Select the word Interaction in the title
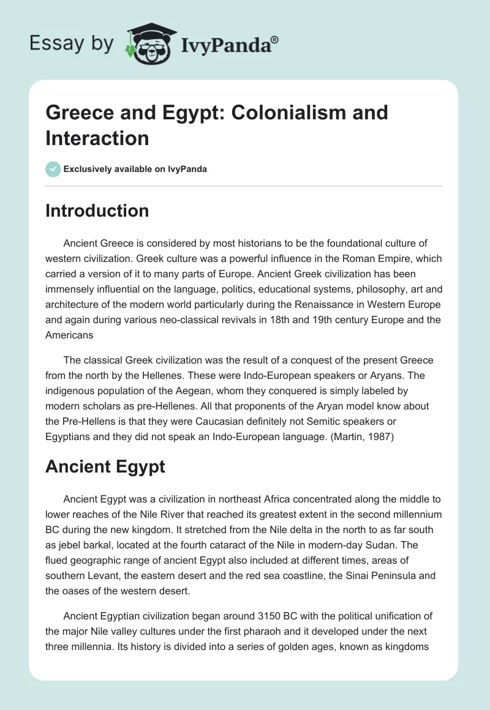(97, 138)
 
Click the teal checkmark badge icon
(53, 169)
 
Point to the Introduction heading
(97, 211)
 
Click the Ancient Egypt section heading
(105, 466)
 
